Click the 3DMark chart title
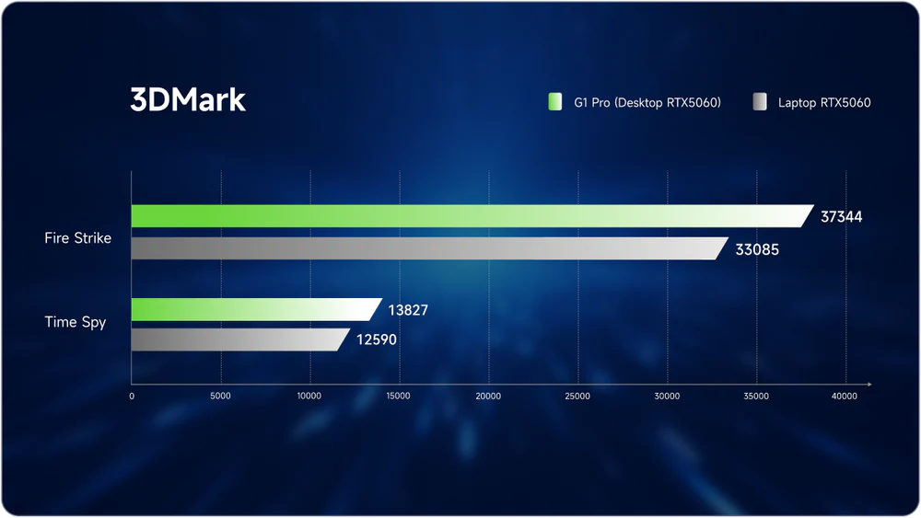tap(188, 100)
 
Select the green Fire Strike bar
tap(470, 216)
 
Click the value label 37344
tap(842, 217)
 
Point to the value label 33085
tap(757, 249)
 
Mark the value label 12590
tap(377, 341)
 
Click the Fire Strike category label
tap(77, 238)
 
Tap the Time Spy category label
tap(76, 323)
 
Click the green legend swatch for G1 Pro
tap(554, 102)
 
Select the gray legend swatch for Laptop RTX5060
tap(760, 102)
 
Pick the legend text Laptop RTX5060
tap(824, 103)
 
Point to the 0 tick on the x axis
tap(132, 397)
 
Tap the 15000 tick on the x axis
tap(399, 397)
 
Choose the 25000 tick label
tap(577, 397)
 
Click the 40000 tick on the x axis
tap(845, 397)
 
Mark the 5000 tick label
tap(220, 397)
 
